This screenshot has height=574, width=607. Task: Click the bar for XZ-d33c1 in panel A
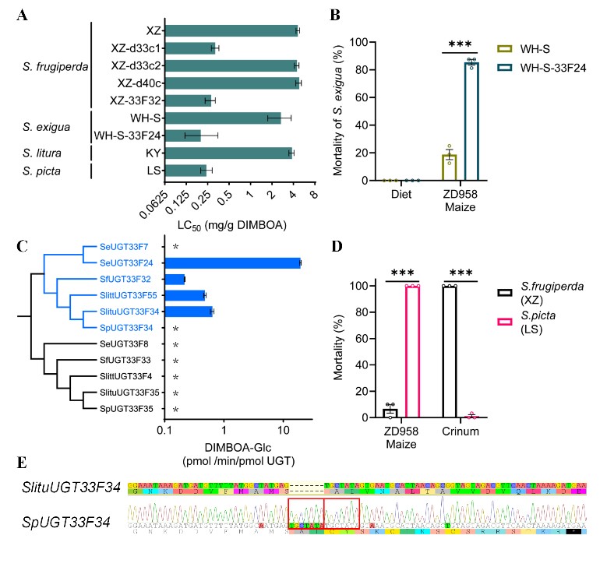tap(189, 48)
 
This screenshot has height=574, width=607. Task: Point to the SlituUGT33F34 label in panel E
tap(71, 488)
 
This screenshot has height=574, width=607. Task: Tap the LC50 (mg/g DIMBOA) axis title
tap(233, 225)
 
